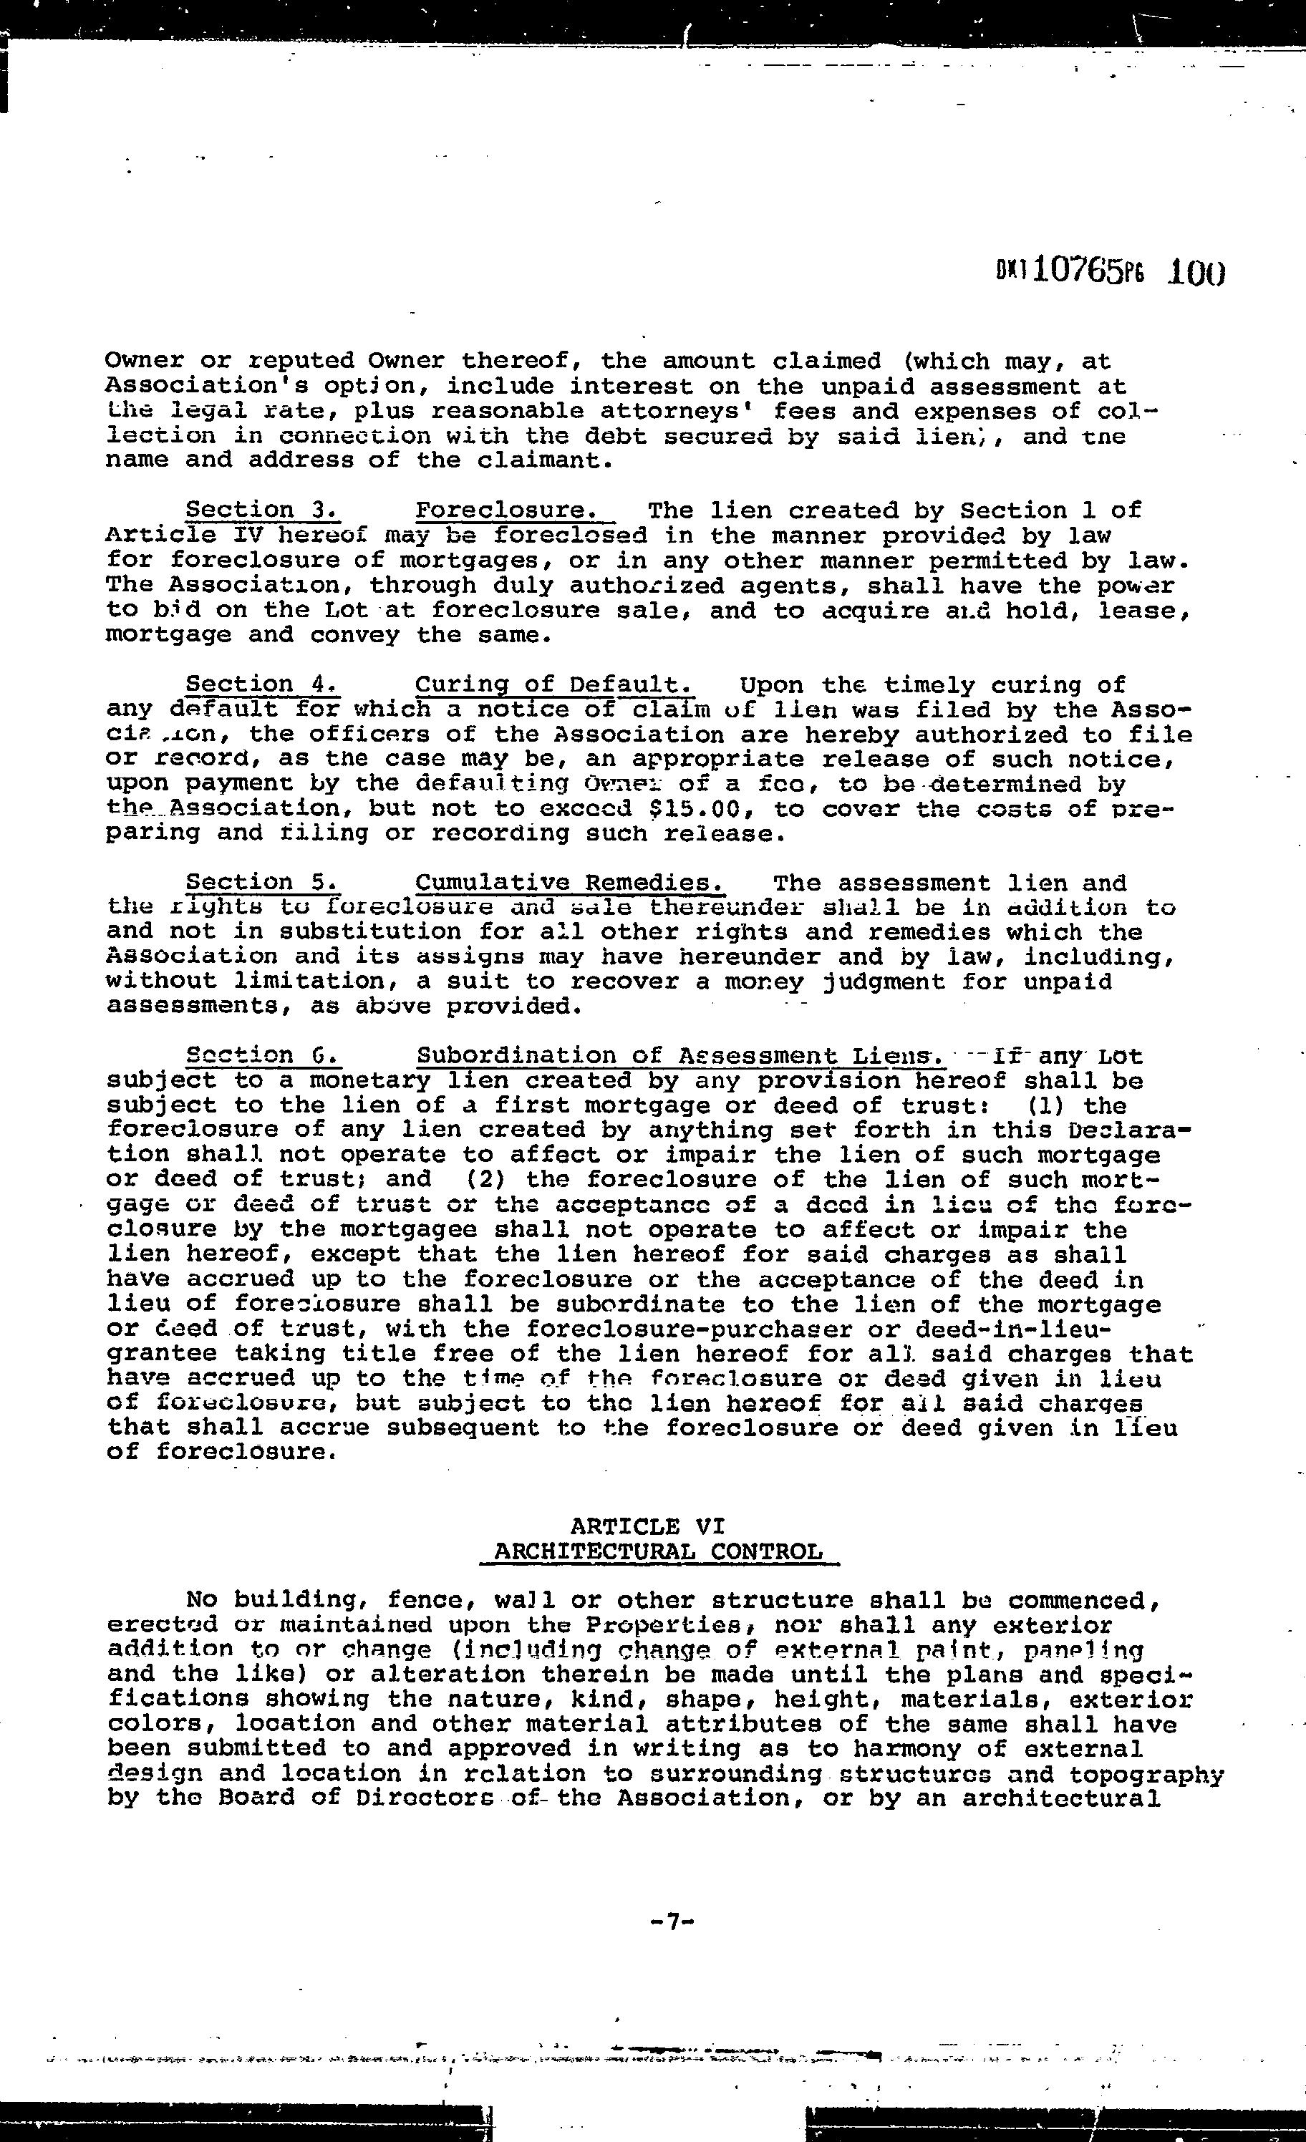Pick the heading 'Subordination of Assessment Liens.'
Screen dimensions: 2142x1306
[680, 1056]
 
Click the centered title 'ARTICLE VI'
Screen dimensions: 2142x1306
[648, 1526]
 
